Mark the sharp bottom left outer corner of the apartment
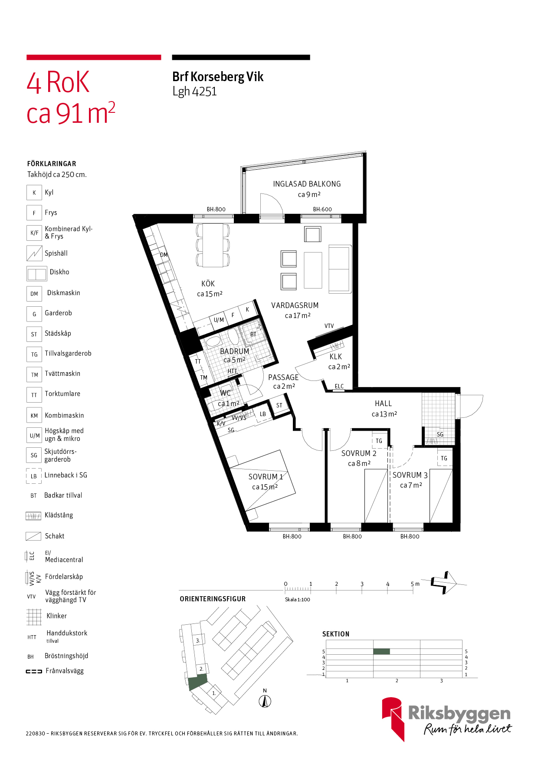pyautogui.click(x=249, y=531)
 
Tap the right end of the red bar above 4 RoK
pyautogui.click(x=161, y=57)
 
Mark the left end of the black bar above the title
pyautogui.click(x=172, y=57)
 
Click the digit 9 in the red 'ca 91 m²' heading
pyautogui.click(x=63, y=114)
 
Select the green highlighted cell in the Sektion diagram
pyautogui.click(x=381, y=651)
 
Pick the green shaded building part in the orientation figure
pyautogui.click(x=197, y=682)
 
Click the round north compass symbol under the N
pyautogui.click(x=265, y=701)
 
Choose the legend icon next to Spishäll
pyautogui.click(x=34, y=253)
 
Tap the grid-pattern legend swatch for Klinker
pyautogui.click(x=34, y=617)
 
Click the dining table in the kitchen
pyautogui.click(x=213, y=245)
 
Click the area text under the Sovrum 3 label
pyautogui.click(x=411, y=485)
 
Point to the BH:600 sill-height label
pyautogui.click(x=322, y=209)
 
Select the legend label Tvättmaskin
pyautogui.click(x=62, y=374)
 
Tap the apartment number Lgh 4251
pyautogui.click(x=194, y=92)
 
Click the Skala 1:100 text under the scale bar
pyautogui.click(x=298, y=600)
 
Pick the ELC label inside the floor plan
pyautogui.click(x=339, y=386)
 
